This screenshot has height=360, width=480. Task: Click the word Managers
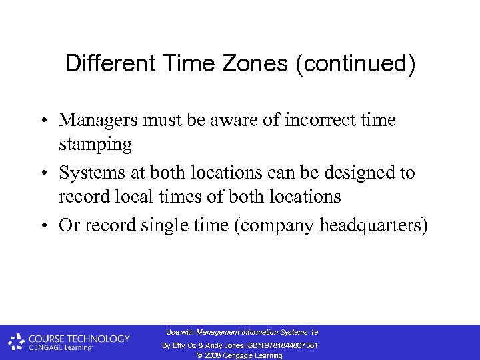pyautogui.click(x=99, y=120)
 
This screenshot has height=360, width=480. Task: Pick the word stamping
pyautogui.click(x=95, y=144)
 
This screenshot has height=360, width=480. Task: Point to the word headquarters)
pyautogui.click(x=374, y=225)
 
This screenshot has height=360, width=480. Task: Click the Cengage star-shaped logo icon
pyautogui.click(x=16, y=342)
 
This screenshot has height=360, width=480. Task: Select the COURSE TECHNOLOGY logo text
pyautogui.click(x=79, y=338)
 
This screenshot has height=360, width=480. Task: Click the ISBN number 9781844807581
pyautogui.click(x=289, y=345)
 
